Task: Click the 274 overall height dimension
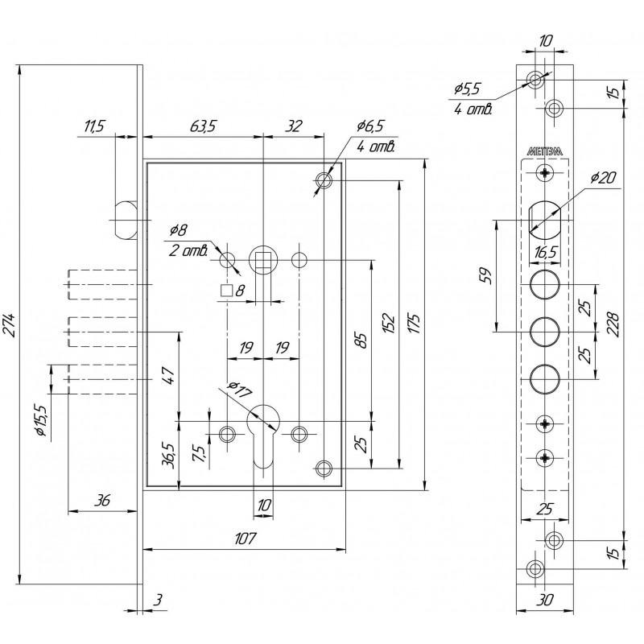[11, 325]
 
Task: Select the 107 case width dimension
[246, 538]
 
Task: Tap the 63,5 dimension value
[203, 126]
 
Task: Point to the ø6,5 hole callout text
[369, 126]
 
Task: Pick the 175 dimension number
[415, 324]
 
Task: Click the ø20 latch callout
[603, 178]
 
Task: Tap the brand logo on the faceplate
[545, 151]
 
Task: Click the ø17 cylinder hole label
[239, 390]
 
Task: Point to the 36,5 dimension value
[168, 456]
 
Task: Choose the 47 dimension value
[169, 375]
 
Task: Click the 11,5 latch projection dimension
[94, 126]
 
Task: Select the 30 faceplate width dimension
[545, 600]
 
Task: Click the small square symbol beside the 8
[226, 291]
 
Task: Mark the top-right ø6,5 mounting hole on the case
[324, 180]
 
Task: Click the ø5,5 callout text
[467, 89]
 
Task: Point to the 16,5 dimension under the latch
[545, 252]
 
